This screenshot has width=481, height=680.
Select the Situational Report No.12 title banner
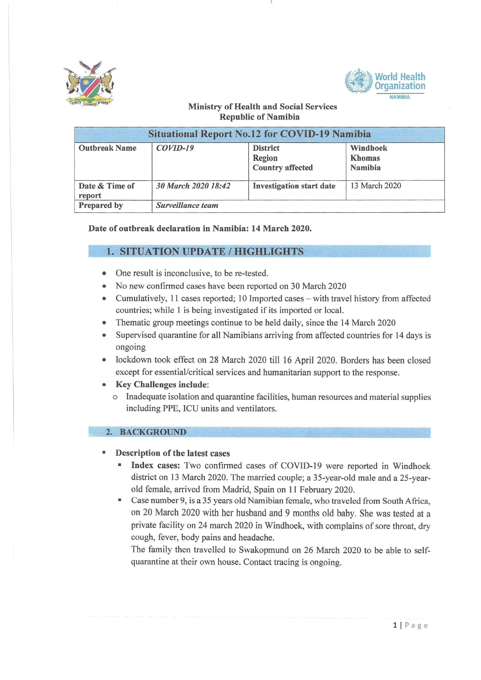259,134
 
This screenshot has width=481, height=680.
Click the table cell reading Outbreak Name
107,148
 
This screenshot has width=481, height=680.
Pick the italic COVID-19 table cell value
175,148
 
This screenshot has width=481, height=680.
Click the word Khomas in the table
365,158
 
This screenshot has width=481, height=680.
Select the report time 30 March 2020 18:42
193,186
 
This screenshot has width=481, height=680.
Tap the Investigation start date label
294,186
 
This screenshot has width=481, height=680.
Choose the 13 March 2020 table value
376,186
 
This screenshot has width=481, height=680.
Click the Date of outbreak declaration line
200,228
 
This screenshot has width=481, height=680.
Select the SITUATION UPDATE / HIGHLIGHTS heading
212,251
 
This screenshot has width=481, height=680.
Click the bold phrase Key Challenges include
162,384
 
